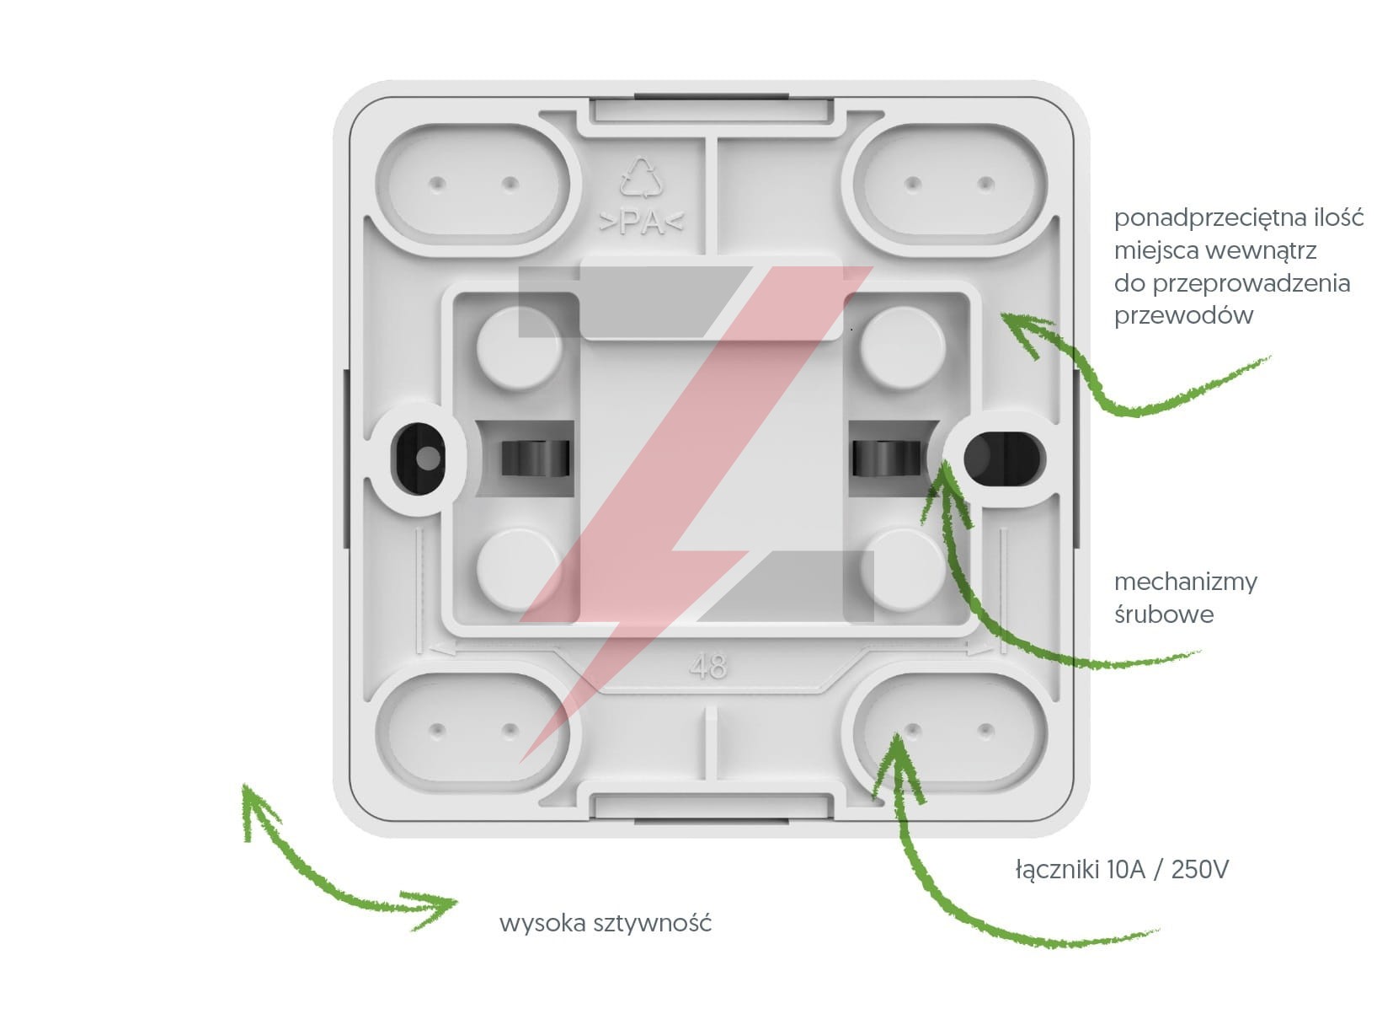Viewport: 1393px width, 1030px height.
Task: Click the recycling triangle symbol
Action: coord(642,178)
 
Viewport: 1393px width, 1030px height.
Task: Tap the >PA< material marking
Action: coord(642,224)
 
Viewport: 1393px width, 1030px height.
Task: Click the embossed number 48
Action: coord(707,667)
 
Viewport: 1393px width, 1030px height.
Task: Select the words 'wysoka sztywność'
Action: coord(606,923)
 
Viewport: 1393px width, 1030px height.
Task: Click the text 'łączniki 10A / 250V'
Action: coord(1121,869)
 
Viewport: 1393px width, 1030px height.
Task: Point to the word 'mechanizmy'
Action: coord(1185,582)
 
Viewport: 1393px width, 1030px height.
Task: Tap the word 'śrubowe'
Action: coord(1163,614)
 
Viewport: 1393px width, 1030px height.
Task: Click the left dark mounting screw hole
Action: coord(420,458)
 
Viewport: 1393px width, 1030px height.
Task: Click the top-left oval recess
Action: coord(473,184)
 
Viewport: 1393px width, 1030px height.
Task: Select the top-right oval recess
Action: coord(950,184)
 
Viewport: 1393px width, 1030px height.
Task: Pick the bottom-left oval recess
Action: coord(473,729)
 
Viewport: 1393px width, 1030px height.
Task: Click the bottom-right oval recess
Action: coord(950,729)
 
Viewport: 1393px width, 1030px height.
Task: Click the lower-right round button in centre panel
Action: coord(901,569)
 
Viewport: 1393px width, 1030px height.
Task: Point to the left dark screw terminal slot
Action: coord(535,459)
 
